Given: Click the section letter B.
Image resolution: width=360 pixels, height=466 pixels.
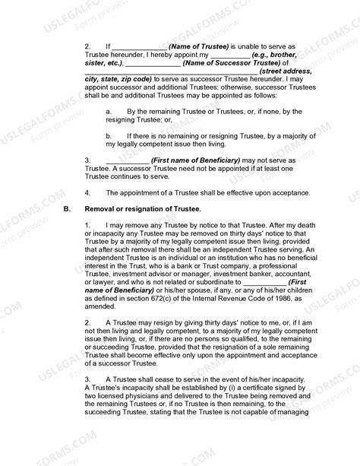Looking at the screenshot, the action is pos(67,208).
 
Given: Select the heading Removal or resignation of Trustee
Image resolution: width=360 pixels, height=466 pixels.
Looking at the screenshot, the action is pos(142,208).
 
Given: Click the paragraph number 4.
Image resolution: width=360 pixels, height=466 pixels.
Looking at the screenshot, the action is pos(87,192).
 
